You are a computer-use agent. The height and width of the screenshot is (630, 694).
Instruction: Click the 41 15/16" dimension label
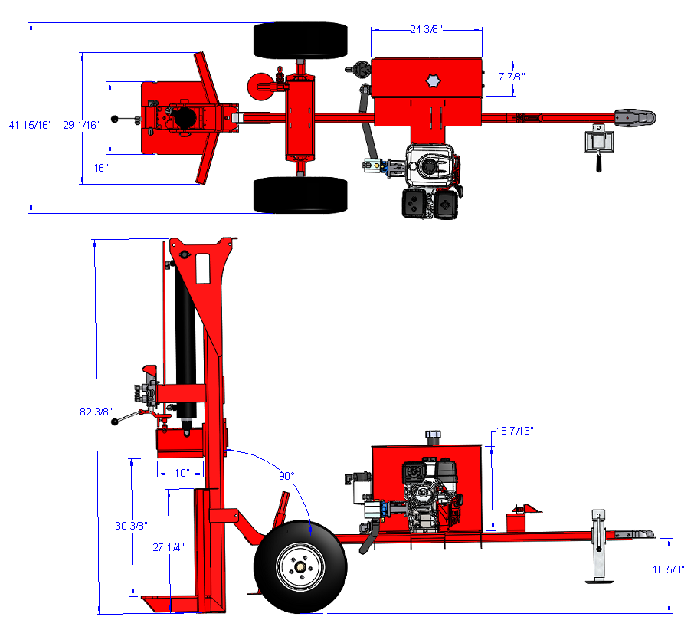(30, 125)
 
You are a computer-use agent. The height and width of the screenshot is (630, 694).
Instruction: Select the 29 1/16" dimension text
(82, 125)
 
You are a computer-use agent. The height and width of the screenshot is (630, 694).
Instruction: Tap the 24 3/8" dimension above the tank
(426, 30)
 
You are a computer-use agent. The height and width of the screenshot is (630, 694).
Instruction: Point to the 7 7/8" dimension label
(512, 77)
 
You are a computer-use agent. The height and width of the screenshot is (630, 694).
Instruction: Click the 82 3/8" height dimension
(96, 412)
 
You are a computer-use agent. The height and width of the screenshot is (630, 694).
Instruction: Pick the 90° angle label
(286, 476)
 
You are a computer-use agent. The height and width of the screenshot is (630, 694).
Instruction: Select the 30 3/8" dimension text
(131, 526)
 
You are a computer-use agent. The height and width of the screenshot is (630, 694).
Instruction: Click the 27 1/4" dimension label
(169, 548)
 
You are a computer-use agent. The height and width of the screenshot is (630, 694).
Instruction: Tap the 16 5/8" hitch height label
(668, 569)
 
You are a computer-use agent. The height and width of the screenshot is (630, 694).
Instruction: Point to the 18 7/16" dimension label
(516, 431)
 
